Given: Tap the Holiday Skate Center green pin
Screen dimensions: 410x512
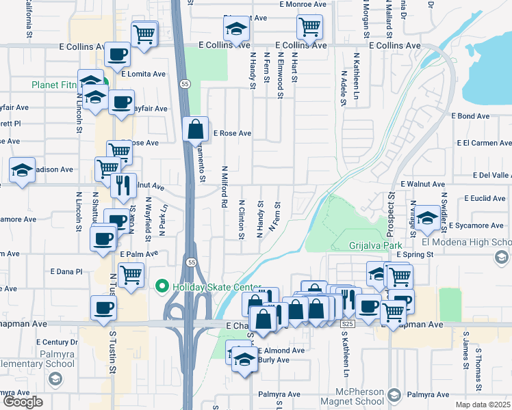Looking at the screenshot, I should pyautogui.click(x=162, y=286).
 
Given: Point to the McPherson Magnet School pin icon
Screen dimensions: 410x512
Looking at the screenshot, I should pyautogui.click(x=394, y=394).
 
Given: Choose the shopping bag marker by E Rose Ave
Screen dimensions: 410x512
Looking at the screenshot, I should pyautogui.click(x=196, y=128).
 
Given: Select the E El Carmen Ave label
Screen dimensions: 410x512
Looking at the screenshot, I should pyautogui.click(x=484, y=143).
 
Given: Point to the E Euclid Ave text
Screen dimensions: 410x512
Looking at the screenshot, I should pyautogui.click(x=484, y=198).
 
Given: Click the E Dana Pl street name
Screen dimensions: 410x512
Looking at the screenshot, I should pyautogui.click(x=66, y=271).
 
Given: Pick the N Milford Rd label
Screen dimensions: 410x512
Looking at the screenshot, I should pyautogui.click(x=224, y=187).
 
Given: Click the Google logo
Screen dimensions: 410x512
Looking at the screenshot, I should pyautogui.click(x=23, y=402).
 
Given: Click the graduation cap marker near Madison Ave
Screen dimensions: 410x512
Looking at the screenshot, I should pyautogui.click(x=23, y=171).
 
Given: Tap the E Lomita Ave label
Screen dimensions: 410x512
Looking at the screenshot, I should pyautogui.click(x=144, y=73).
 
